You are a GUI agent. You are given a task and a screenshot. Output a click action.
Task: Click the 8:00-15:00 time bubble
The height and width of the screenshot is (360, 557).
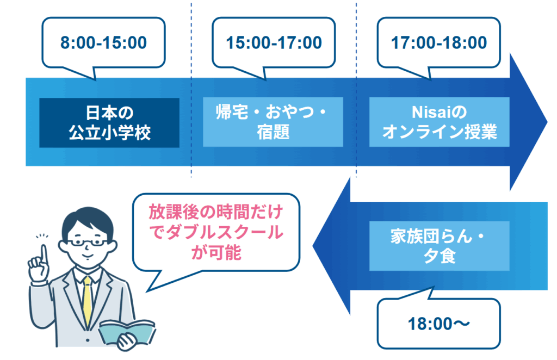coord(103,42)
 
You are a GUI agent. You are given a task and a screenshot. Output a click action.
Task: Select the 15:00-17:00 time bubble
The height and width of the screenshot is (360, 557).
coord(274,42)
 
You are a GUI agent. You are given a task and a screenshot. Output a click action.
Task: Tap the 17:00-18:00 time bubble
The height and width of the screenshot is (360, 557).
coord(439,42)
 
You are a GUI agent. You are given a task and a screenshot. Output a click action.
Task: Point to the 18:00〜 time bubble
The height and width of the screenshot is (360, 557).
coord(438,324)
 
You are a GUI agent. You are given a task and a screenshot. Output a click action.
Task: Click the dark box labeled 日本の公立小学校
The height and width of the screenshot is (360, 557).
coord(109,122)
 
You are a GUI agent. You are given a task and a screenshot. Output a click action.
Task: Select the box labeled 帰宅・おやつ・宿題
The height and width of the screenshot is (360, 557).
coord(273,122)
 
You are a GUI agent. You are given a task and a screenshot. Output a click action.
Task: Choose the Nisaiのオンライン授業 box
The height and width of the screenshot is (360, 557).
coord(439,122)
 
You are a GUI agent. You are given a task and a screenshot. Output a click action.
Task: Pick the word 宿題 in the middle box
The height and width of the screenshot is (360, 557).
coord(273,132)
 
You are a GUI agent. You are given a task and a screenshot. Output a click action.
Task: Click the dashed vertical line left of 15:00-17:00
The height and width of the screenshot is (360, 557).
coord(191,87)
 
